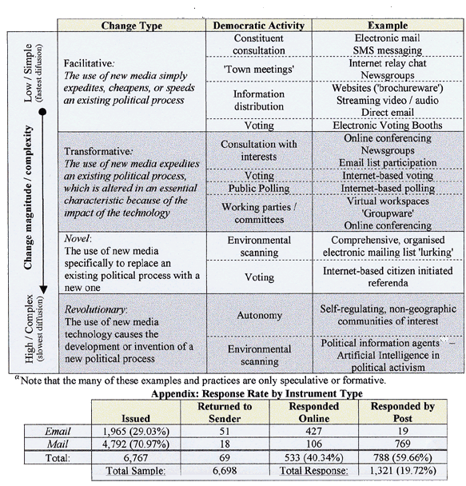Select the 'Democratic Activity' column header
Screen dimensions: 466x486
pyautogui.click(x=259, y=26)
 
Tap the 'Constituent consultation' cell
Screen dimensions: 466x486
pyautogui.click(x=259, y=45)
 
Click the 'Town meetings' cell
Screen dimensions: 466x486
pyautogui.click(x=259, y=69)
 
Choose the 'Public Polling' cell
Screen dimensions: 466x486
pyautogui.click(x=259, y=188)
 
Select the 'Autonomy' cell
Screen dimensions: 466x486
pyautogui.click(x=259, y=315)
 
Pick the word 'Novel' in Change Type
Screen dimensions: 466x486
pyautogui.click(x=78, y=238)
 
